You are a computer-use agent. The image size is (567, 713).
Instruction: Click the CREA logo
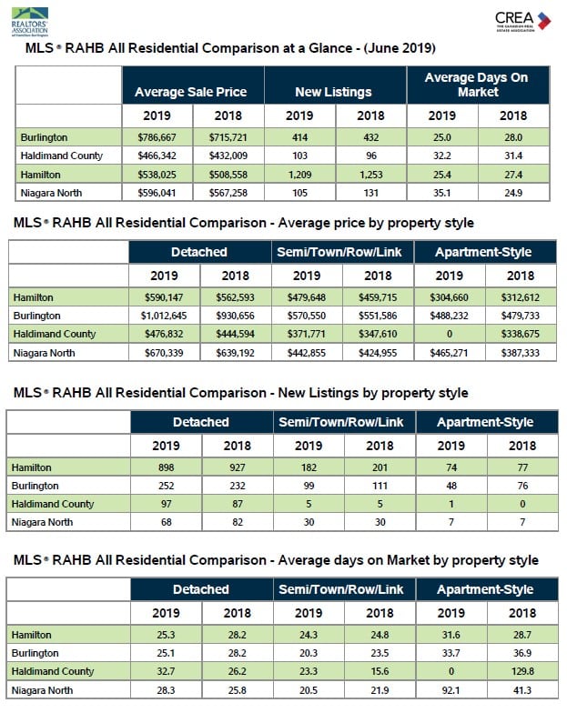click(x=522, y=21)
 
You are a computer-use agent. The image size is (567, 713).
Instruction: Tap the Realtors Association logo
click(x=29, y=22)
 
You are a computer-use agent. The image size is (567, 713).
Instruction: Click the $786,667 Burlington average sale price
click(x=157, y=137)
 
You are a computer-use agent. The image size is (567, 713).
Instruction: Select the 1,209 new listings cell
click(x=299, y=175)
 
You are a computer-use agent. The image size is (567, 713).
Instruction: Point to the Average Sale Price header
click(x=191, y=92)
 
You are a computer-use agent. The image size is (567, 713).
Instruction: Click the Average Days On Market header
click(x=477, y=85)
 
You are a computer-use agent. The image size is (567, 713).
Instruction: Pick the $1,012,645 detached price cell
click(x=164, y=316)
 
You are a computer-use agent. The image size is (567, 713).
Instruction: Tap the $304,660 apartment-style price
click(x=450, y=297)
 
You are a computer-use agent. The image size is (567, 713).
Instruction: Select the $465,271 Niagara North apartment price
click(x=449, y=353)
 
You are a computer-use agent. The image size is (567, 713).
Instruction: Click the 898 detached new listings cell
click(x=166, y=467)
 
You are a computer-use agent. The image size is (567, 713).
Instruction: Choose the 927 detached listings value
click(x=237, y=467)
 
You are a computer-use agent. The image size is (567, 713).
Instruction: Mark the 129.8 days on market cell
click(x=522, y=671)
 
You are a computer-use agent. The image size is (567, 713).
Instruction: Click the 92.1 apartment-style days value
click(x=451, y=690)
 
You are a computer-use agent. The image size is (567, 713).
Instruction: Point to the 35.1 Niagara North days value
click(x=442, y=193)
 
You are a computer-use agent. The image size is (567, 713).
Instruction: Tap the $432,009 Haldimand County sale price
click(x=228, y=156)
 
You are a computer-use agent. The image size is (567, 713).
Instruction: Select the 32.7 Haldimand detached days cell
click(x=166, y=671)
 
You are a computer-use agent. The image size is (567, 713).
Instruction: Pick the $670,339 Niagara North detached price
click(x=164, y=353)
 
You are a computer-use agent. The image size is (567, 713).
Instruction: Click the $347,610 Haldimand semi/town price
click(x=378, y=334)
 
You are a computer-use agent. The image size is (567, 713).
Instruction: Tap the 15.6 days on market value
click(x=380, y=671)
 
